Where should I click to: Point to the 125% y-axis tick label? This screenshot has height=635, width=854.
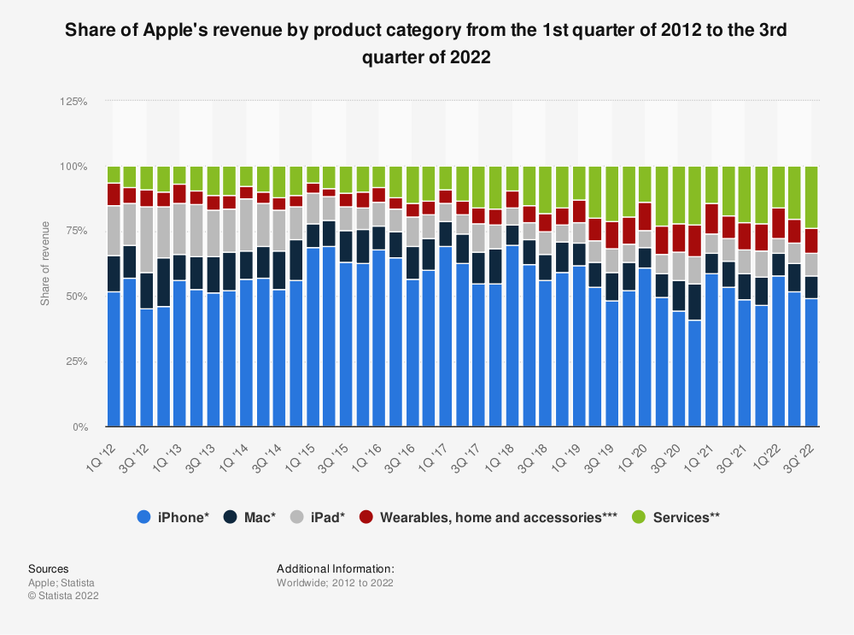(x=73, y=101)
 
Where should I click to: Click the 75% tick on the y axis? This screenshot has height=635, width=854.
(x=76, y=232)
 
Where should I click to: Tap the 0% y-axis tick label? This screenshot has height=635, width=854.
(x=79, y=426)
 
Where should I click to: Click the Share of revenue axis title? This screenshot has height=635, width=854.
(x=45, y=264)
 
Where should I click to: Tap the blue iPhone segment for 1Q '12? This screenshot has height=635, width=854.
(x=114, y=359)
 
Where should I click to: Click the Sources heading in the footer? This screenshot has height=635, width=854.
(x=49, y=568)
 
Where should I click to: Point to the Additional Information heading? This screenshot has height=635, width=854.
(x=335, y=568)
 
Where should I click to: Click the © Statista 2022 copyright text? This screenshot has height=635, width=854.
(x=63, y=596)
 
